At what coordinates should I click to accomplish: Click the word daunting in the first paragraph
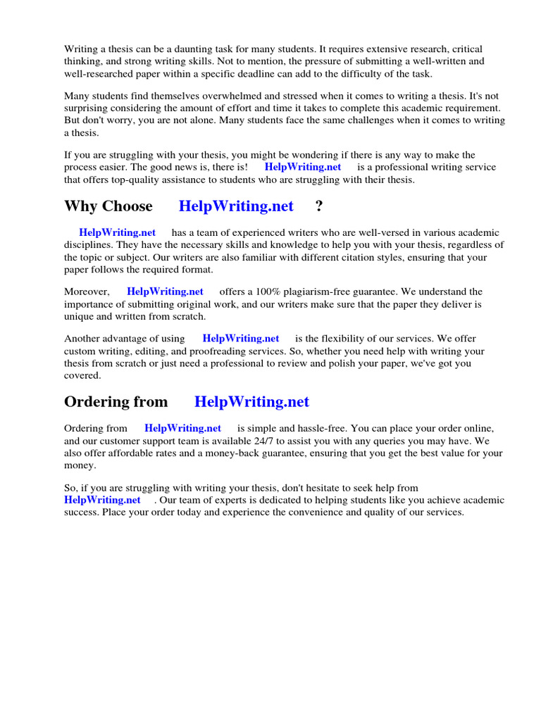click(185, 49)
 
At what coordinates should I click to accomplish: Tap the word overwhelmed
click(211, 96)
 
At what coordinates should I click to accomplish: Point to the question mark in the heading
click(319, 206)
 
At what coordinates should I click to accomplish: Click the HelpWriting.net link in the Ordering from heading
click(251, 402)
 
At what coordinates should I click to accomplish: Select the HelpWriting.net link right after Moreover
click(165, 291)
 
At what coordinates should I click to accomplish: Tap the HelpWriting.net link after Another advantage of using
click(241, 339)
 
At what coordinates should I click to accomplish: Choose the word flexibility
click(345, 339)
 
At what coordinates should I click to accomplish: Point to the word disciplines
click(91, 245)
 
